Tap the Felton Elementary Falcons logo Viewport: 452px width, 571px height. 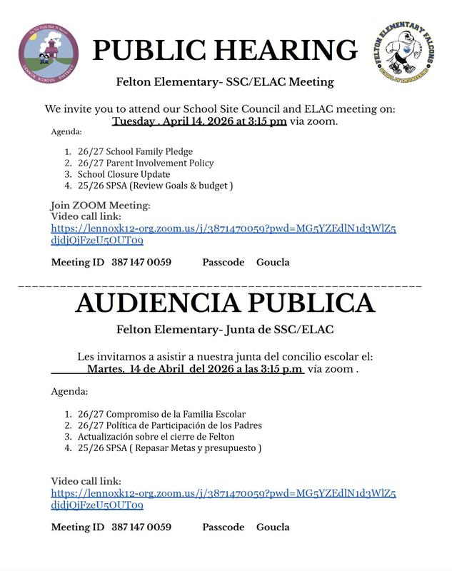coord(404,53)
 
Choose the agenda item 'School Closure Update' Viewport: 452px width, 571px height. coord(124,174)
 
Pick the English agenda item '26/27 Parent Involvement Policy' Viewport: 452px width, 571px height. coord(146,163)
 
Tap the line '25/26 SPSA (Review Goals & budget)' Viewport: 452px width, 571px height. coord(155,186)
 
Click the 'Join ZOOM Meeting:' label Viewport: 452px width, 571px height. coord(101,206)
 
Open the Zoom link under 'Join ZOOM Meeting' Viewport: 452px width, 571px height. coord(224,228)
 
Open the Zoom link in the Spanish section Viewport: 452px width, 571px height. coord(224,493)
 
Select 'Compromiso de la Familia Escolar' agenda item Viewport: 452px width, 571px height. coord(161,414)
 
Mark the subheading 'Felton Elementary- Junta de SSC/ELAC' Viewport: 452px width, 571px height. coord(225,330)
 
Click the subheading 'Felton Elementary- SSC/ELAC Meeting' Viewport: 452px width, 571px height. coord(225,81)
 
